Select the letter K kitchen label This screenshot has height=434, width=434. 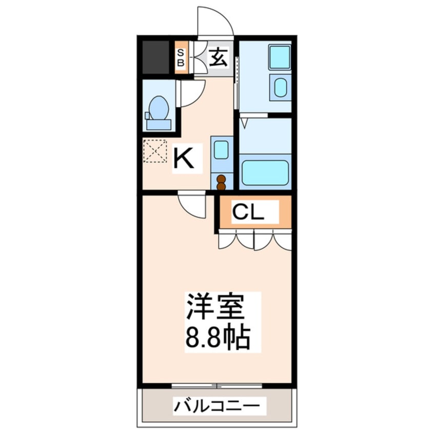click(183, 158)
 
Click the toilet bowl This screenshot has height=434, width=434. click(159, 108)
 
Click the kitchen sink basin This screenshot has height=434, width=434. click(221, 150)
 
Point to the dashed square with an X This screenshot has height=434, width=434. click(155, 151)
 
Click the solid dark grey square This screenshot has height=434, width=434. click(155, 57)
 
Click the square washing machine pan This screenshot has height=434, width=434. click(280, 57)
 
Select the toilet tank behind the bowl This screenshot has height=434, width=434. click(159, 125)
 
